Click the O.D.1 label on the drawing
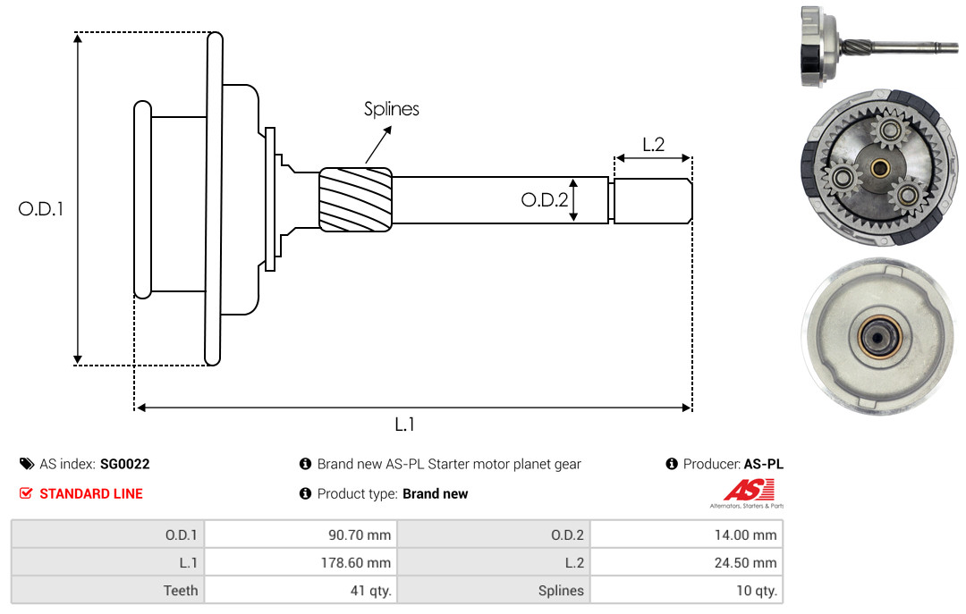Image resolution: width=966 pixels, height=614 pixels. [40, 209]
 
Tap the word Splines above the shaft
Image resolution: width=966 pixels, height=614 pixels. [391, 110]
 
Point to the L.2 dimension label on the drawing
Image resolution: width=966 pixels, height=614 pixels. [653, 145]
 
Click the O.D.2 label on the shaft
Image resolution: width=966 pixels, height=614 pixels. [545, 200]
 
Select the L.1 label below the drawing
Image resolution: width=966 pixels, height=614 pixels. [404, 425]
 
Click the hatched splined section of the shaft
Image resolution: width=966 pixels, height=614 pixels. [355, 199]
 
